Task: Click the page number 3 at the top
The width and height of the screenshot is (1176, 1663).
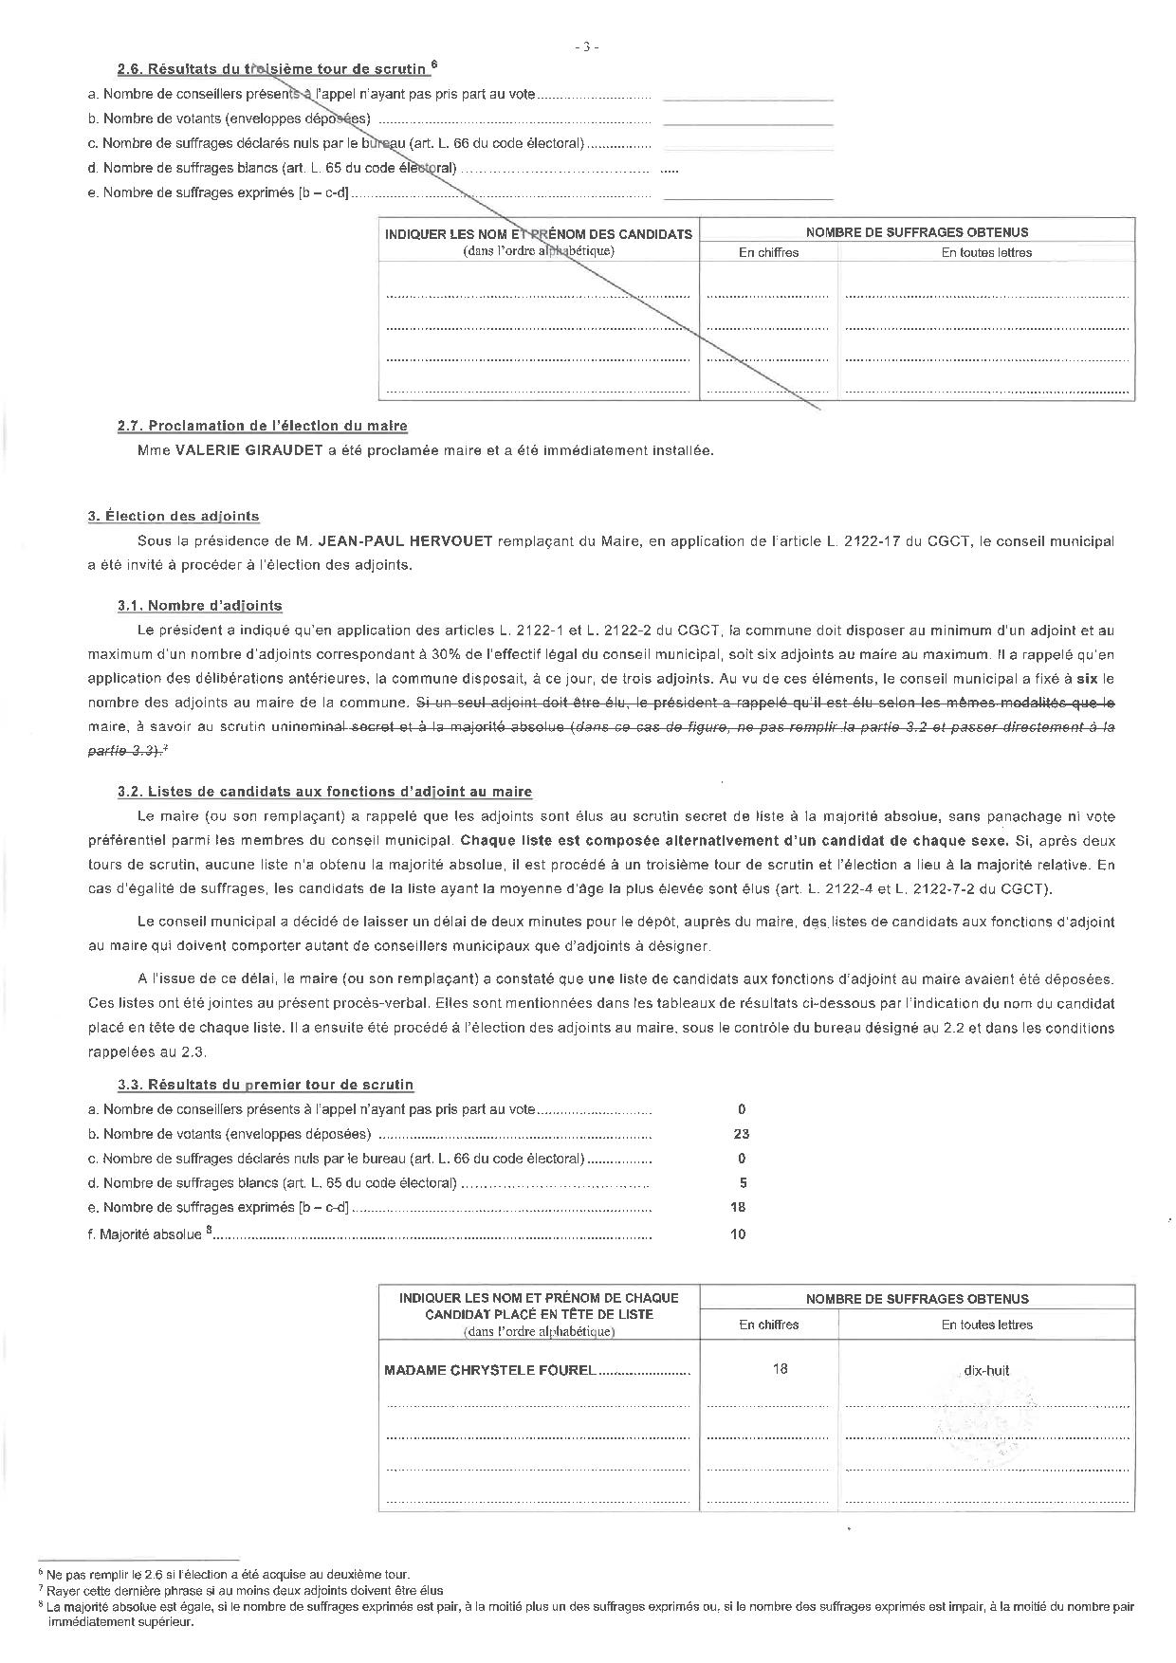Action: point(587,46)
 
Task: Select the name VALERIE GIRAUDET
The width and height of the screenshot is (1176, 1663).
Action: point(249,450)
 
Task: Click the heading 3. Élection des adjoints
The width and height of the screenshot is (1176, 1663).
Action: point(174,517)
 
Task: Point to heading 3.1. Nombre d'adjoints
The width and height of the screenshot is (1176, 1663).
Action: point(200,606)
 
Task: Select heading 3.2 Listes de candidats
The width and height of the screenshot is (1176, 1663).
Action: point(325,792)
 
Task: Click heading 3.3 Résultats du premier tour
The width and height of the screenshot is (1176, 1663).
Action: point(266,1085)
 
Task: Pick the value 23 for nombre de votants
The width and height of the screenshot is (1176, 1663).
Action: point(742,1134)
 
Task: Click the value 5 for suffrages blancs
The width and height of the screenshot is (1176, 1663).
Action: point(743,1183)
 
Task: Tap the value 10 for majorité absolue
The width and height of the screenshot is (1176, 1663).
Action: point(739,1234)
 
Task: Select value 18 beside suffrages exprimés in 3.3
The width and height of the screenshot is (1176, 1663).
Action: point(739,1208)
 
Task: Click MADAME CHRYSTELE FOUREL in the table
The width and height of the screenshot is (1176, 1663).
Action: point(489,1370)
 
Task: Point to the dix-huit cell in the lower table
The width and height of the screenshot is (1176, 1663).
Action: point(986,1370)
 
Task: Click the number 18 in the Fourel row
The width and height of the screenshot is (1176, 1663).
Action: point(780,1369)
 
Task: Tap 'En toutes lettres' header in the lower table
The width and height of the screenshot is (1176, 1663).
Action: point(986,1325)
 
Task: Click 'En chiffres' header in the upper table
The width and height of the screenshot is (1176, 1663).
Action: point(768,253)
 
